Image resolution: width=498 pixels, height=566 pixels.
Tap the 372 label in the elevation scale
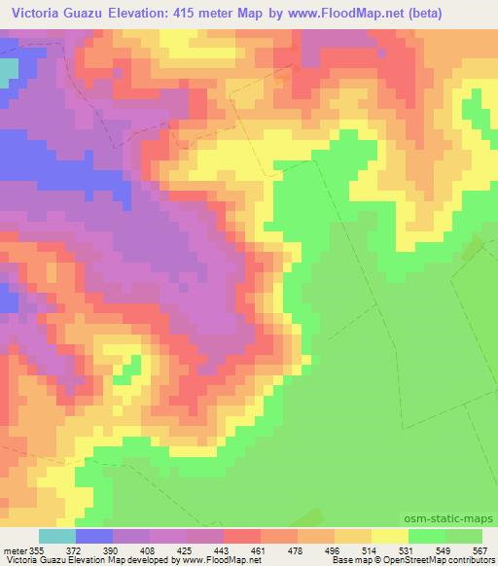[x=75, y=550]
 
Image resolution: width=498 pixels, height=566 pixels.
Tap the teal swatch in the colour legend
[x=56, y=536]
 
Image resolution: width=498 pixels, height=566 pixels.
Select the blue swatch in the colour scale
[x=93, y=536]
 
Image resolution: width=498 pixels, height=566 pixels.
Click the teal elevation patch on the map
[x=9, y=71]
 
